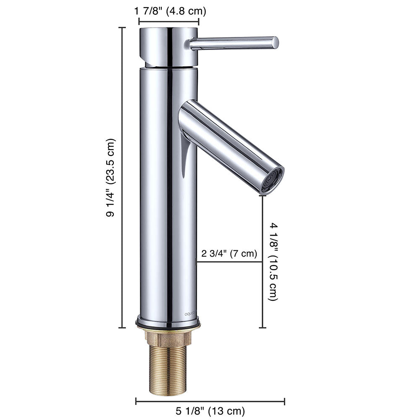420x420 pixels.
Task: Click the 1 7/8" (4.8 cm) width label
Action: click(171, 10)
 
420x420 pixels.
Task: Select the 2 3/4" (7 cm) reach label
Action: click(229, 253)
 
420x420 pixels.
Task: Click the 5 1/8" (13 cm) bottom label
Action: click(210, 410)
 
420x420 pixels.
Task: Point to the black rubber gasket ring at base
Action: click(168, 324)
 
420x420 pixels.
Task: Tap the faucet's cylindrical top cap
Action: click(168, 46)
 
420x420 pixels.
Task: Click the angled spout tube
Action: click(227, 143)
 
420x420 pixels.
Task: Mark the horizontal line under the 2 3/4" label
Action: click(229, 262)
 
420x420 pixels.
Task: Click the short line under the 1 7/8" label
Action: click(168, 21)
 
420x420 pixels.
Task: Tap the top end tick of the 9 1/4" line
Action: click(123, 28)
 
